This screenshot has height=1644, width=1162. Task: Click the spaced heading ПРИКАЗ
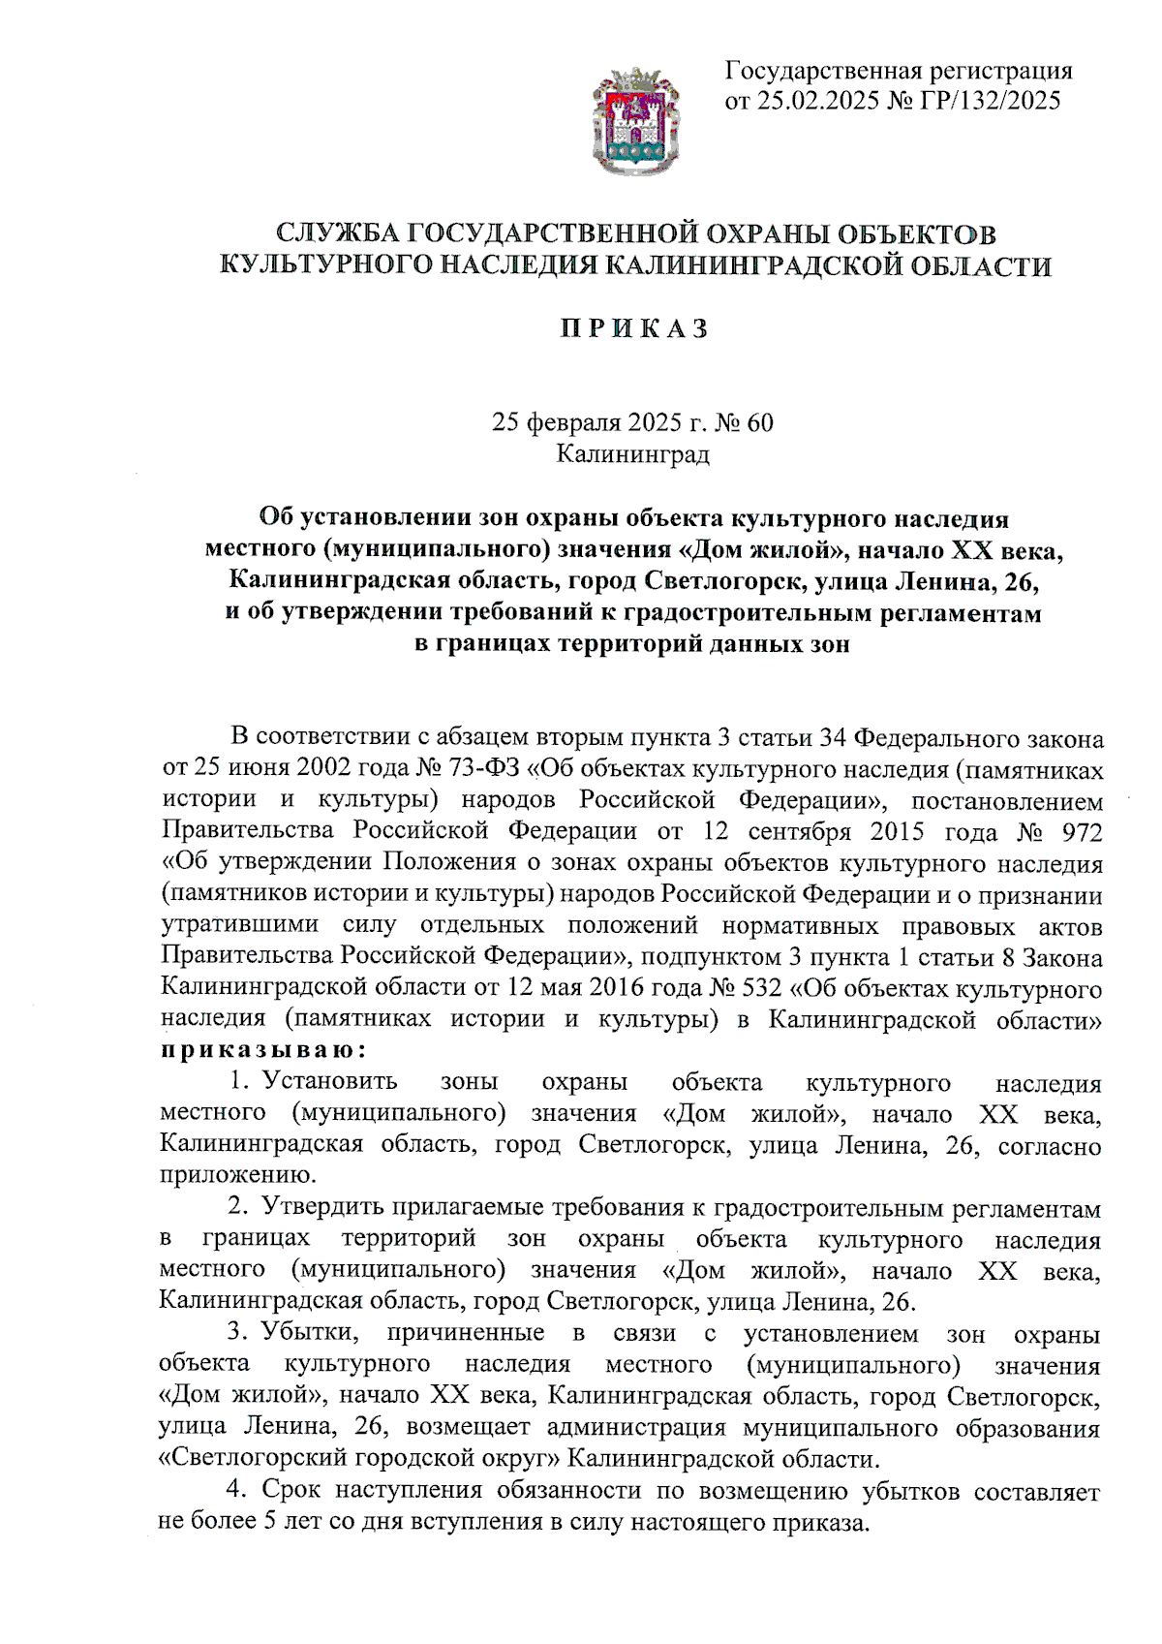pyautogui.click(x=635, y=329)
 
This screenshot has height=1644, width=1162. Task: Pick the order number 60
pyautogui.click(x=760, y=422)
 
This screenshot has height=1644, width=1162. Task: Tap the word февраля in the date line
pyautogui.click(x=571, y=422)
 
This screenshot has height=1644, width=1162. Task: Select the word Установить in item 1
pyautogui.click(x=330, y=1083)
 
